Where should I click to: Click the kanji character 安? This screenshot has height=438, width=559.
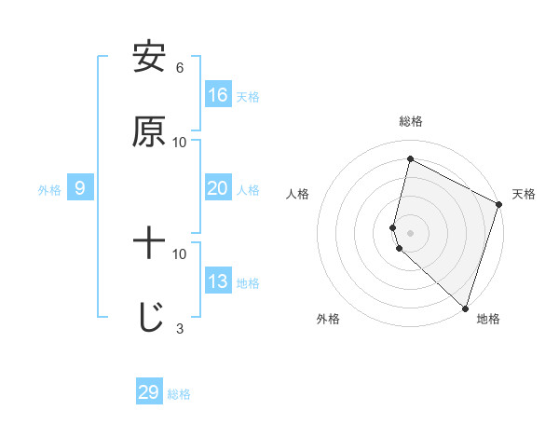[149, 58]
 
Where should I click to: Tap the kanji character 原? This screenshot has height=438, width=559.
[149, 132]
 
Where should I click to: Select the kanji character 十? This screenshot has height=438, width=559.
[149, 244]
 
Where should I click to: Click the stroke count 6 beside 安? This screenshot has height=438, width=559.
[180, 68]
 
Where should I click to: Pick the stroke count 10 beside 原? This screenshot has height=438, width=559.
[180, 143]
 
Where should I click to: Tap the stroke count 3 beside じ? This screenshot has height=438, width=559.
[180, 329]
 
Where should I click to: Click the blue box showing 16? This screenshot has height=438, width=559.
[218, 95]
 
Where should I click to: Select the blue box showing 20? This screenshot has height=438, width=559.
[218, 188]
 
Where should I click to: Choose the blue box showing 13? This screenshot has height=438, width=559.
[218, 281]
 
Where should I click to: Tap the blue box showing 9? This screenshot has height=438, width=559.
[80, 188]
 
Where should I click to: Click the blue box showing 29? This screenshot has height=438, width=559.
[149, 392]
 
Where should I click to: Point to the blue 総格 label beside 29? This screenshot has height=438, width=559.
[179, 394]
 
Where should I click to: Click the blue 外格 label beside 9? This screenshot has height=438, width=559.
[49, 190]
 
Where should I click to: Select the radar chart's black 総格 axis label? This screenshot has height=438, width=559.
[411, 121]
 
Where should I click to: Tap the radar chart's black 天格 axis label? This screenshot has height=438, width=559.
[524, 194]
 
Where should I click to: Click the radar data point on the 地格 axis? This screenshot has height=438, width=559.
[465, 308]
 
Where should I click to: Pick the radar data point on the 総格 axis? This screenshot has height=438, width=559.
[410, 159]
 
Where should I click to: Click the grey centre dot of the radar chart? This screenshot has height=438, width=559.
[410, 233]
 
